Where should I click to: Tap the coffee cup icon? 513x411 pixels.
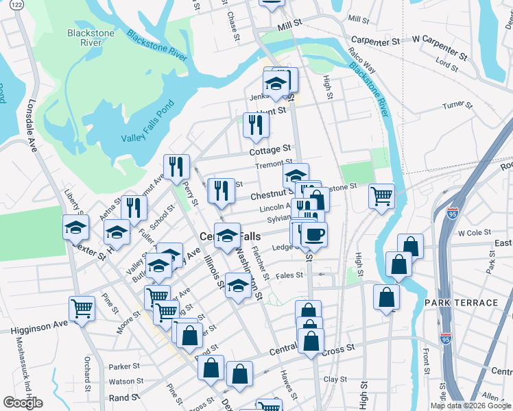click(314, 235)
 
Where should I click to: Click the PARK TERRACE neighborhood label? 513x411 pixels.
click(461, 303)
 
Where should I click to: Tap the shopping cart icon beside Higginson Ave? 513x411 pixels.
click(82, 308)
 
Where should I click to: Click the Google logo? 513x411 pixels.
click(23, 403)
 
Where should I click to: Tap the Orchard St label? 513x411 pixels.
click(87, 370)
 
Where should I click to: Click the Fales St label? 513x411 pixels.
click(289, 275)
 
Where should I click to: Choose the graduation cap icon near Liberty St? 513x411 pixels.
click(76, 227)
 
